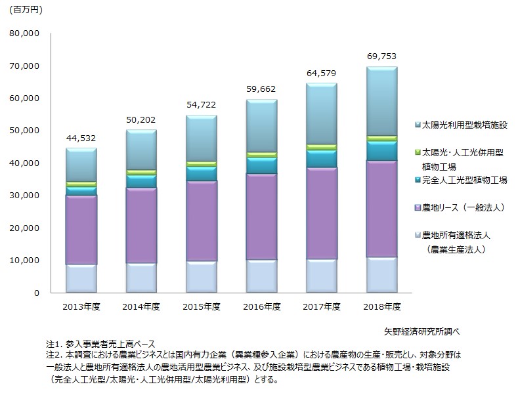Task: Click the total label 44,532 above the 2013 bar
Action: point(81,138)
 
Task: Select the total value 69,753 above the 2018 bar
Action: point(381,56)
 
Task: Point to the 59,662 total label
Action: point(261,89)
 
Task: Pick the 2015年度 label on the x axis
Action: point(201,306)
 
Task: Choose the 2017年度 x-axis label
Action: point(321,306)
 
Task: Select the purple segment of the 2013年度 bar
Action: point(81,230)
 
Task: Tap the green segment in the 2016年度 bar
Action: point(261,155)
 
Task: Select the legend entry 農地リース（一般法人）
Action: point(463,207)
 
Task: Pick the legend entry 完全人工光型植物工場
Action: point(464,179)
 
